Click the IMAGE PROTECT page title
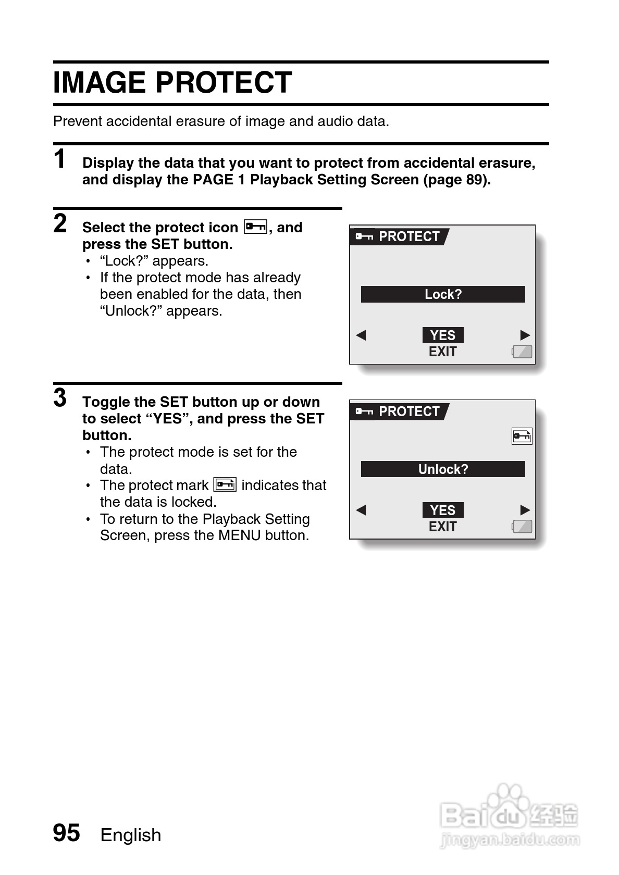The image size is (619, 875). pos(172,83)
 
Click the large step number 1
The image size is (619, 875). pos(60,159)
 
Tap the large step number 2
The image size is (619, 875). pos(60,223)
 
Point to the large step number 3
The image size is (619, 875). pos(60,398)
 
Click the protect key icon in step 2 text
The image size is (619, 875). pos(255,227)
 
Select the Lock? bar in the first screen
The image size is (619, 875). pos(443,294)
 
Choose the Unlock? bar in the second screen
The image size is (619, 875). pos(443,469)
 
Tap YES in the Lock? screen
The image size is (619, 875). pos(443,335)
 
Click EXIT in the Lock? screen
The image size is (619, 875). pos(442,352)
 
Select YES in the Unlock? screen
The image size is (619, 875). pos(443,510)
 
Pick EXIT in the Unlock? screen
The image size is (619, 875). pos(442,527)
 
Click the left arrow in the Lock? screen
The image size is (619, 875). pos(361,335)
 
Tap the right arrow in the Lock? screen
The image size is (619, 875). pos(525,335)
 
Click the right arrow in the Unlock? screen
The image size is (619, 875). pos(525,510)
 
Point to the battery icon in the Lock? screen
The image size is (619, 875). pos(522,352)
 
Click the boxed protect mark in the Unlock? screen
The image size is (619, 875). pos(522,436)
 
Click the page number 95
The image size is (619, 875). pos(67,833)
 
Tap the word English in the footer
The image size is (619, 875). pos(131,835)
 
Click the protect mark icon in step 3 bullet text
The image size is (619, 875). pos(225,484)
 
